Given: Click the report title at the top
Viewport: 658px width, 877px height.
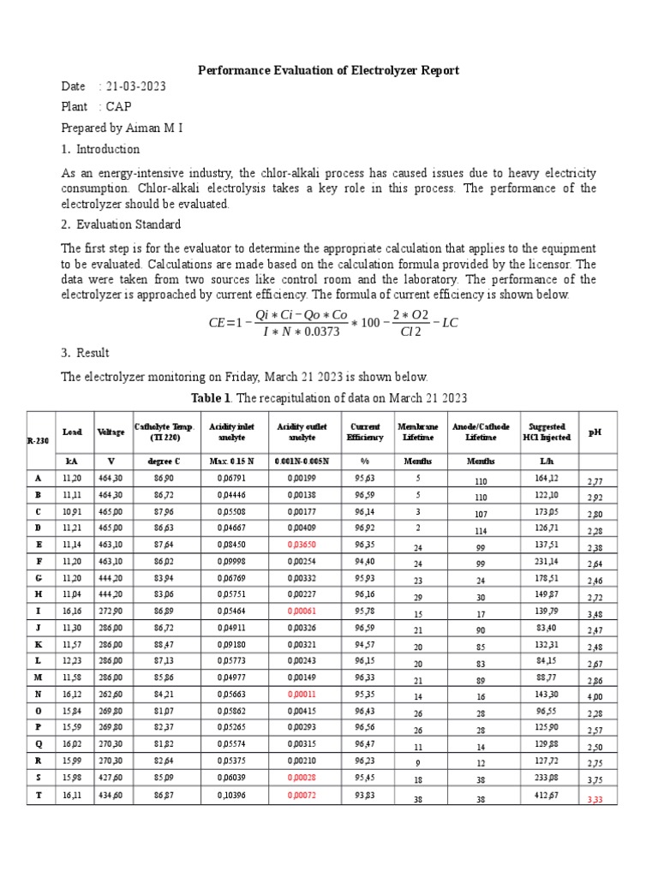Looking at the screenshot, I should [329, 70].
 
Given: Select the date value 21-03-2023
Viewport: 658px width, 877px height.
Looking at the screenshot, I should [136, 87].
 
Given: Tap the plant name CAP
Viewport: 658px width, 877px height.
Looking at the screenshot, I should [119, 107].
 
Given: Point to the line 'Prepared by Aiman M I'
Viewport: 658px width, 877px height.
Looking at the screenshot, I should [122, 128].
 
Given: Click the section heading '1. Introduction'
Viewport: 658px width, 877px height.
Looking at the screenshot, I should [100, 149].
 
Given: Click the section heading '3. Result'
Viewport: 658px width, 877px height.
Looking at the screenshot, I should [86, 353].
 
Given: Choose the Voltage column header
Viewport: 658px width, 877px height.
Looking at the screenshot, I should [111, 433].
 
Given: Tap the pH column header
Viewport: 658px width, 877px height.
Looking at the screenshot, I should [595, 433].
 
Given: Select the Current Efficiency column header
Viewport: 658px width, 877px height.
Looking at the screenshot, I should [365, 432].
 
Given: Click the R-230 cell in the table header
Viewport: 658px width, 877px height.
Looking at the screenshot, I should [38, 440].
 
